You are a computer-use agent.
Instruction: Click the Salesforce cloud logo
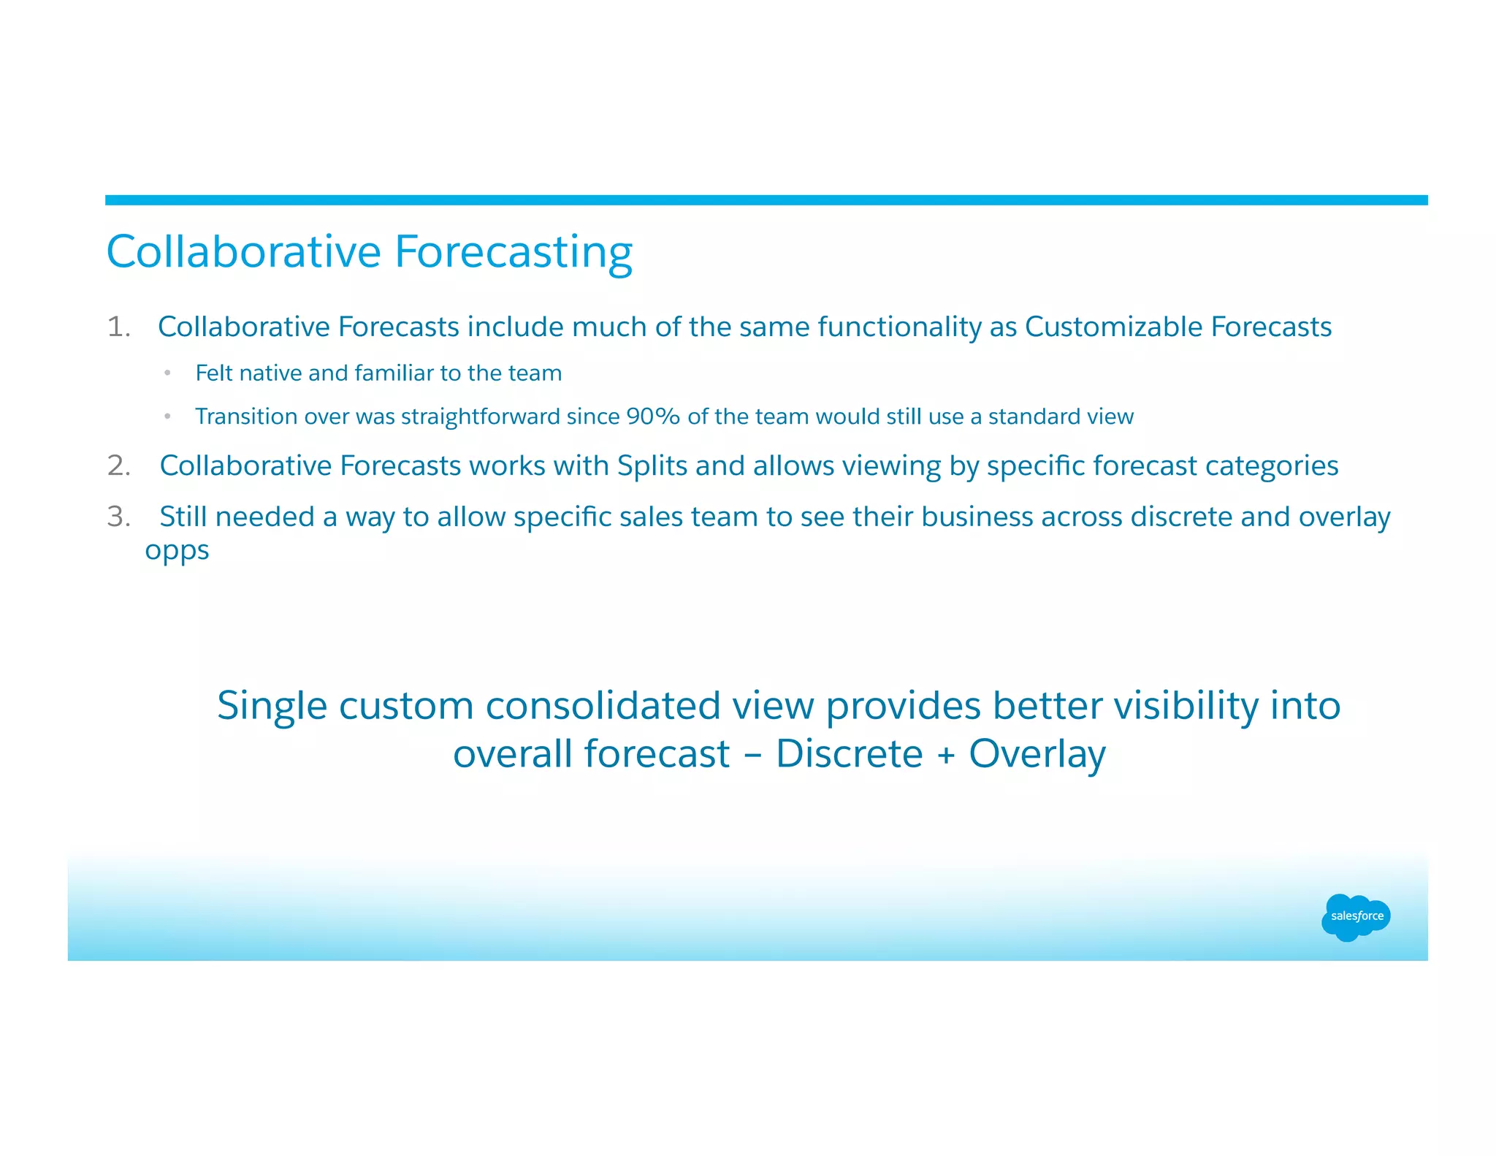tap(1356, 916)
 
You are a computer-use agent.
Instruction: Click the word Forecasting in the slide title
tap(513, 253)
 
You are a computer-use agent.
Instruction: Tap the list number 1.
tap(118, 327)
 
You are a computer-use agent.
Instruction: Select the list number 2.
tap(118, 465)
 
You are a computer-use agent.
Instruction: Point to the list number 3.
tap(118, 517)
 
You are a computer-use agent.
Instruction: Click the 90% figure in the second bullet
tap(653, 417)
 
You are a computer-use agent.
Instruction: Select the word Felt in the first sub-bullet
tap(213, 373)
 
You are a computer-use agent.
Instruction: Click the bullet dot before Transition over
tap(167, 417)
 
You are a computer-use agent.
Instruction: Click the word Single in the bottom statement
tap(272, 707)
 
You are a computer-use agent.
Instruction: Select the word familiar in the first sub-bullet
tap(394, 373)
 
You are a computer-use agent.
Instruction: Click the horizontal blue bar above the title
tap(766, 200)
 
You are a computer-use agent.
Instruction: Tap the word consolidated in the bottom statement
tap(603, 707)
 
